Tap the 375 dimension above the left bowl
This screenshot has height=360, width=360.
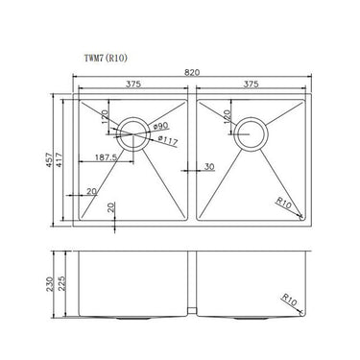pos(134,84)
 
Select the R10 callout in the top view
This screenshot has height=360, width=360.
pos(284,201)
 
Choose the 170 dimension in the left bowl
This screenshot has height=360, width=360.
pos(107,119)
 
